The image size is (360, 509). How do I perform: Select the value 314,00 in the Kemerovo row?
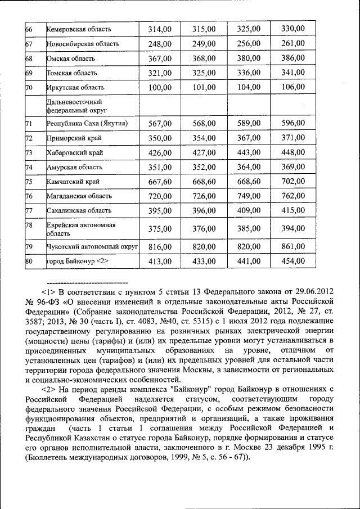tap(160, 29)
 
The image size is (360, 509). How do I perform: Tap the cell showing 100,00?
tap(160, 87)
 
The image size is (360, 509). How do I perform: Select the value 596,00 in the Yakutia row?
tap(292, 123)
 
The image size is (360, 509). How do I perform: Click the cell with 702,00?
tap(292, 182)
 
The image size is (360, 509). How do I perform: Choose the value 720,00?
tap(160, 196)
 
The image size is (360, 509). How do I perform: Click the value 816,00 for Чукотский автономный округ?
tap(160, 247)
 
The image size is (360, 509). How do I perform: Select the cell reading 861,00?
tap(292, 247)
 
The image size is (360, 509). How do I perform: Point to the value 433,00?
tap(204, 262)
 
